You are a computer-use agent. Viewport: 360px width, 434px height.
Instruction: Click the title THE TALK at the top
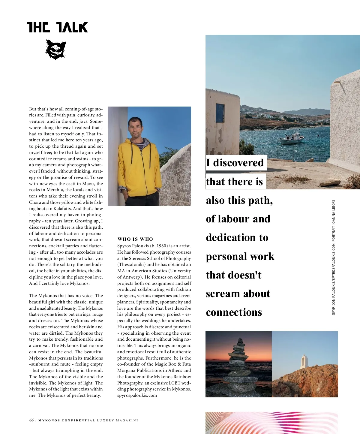(57, 27)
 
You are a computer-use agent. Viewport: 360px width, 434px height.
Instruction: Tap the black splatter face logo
(55, 50)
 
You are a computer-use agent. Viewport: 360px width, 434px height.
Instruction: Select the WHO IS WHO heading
(135, 239)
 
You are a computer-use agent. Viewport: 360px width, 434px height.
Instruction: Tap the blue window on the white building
(220, 113)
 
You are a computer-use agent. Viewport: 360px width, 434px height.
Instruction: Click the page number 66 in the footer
(31, 420)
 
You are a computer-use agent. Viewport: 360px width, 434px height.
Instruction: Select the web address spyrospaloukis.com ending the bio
(137, 395)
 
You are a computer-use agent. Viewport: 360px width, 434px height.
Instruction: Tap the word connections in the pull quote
(234, 312)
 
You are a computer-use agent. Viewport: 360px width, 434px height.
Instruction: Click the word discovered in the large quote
(238, 163)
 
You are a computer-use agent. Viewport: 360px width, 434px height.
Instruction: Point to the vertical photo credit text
(334, 257)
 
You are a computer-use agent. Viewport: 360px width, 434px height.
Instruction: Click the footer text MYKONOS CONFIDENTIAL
(67, 420)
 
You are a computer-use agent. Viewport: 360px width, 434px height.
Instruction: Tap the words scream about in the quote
(238, 294)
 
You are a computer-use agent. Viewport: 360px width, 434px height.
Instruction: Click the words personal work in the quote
(240, 257)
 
